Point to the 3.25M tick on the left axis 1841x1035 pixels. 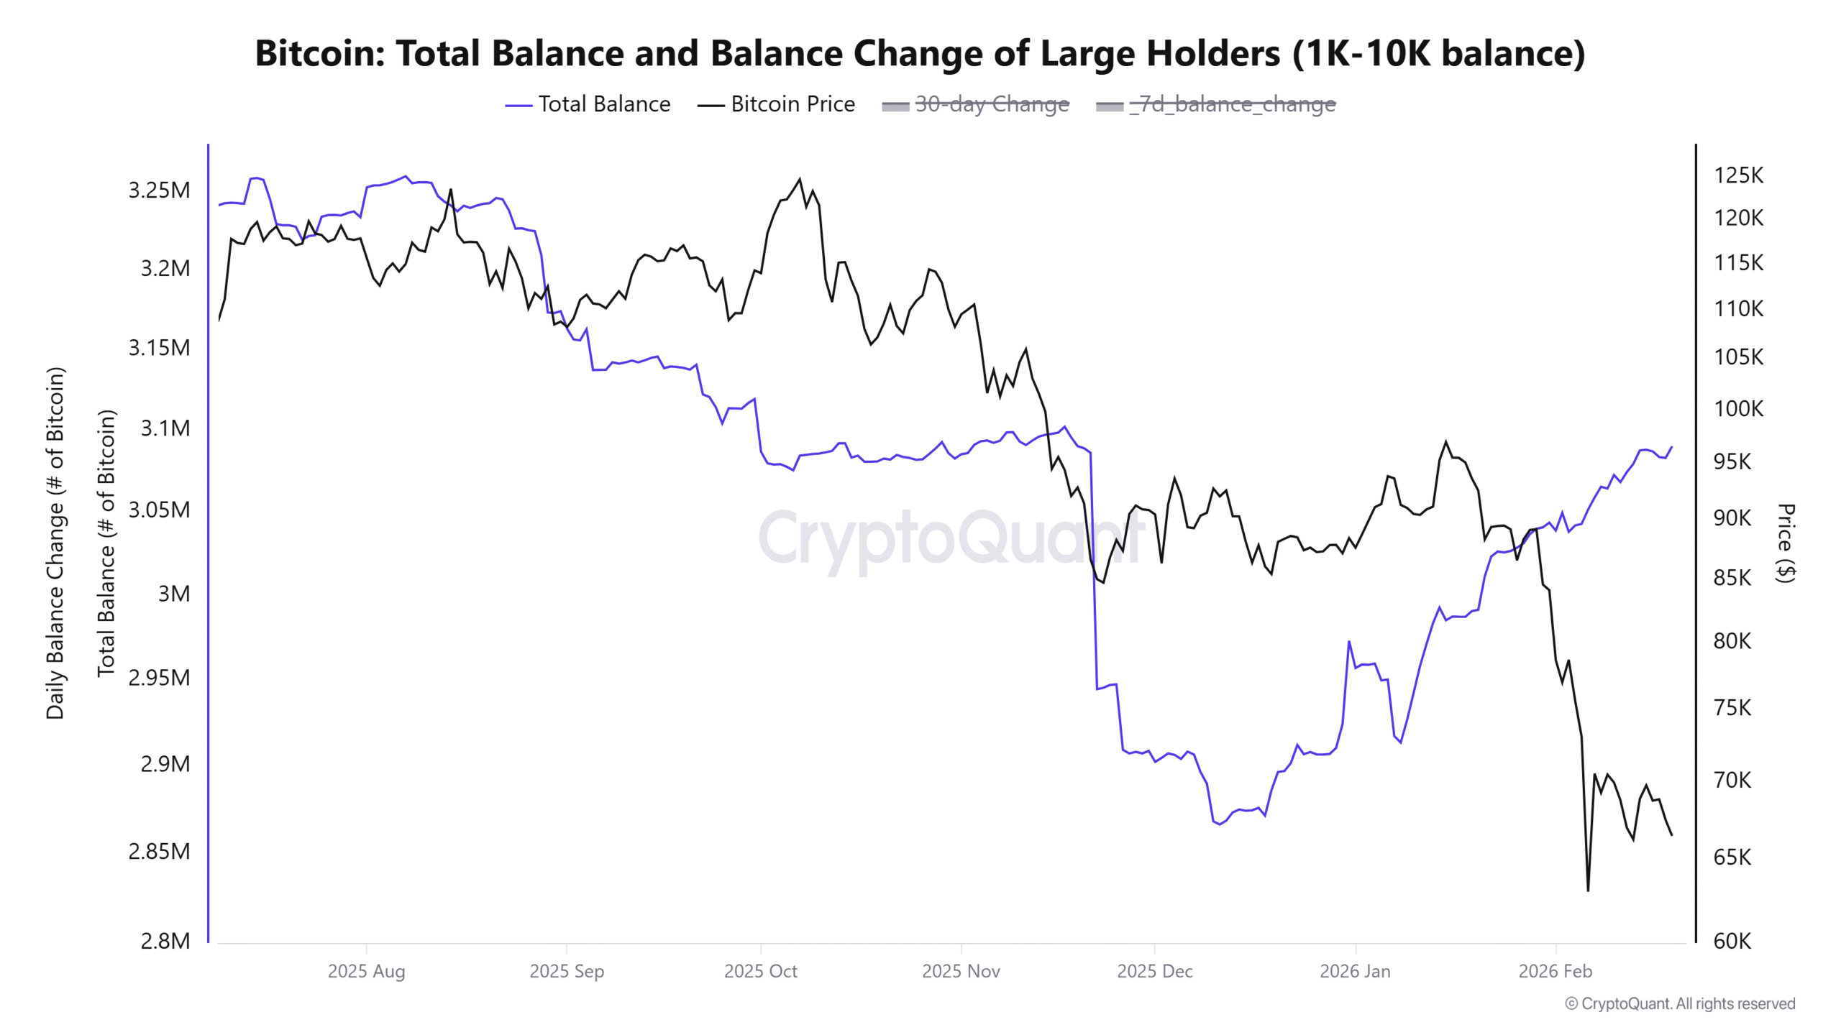[x=159, y=190]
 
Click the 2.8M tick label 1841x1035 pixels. [x=165, y=941]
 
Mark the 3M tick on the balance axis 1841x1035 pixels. [x=174, y=594]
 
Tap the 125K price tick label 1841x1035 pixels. [x=1738, y=175]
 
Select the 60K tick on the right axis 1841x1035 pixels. [x=1732, y=941]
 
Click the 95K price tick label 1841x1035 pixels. [x=1732, y=461]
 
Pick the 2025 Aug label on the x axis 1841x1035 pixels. [x=366, y=971]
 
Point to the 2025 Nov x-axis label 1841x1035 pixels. [x=961, y=971]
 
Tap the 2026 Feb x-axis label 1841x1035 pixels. [x=1555, y=971]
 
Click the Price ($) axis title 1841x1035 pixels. [x=1786, y=543]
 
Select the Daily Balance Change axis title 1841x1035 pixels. [x=55, y=543]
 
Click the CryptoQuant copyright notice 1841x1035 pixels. [x=1680, y=1003]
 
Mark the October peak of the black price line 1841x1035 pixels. [x=800, y=180]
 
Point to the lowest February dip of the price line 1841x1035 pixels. [x=1588, y=891]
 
